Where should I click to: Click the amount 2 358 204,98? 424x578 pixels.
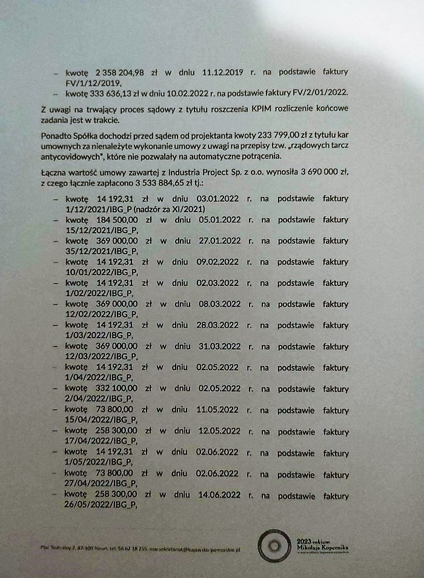pos(120,71)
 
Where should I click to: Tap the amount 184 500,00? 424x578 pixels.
pos(117,219)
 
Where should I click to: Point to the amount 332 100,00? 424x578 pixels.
pos(117,388)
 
